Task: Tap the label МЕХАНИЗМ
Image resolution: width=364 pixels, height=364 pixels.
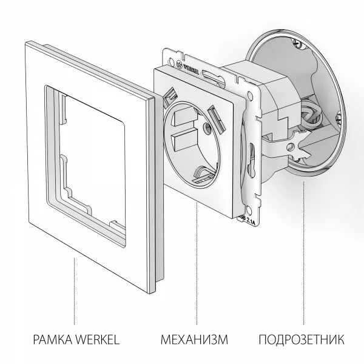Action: (194, 339)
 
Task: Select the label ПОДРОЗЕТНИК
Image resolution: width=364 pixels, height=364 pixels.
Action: (302, 339)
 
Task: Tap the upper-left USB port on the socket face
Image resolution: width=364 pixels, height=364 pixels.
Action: (170, 95)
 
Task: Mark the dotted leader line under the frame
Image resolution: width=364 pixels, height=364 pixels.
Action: (75, 291)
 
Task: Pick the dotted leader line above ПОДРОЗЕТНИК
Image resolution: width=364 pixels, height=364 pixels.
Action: (302, 255)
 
